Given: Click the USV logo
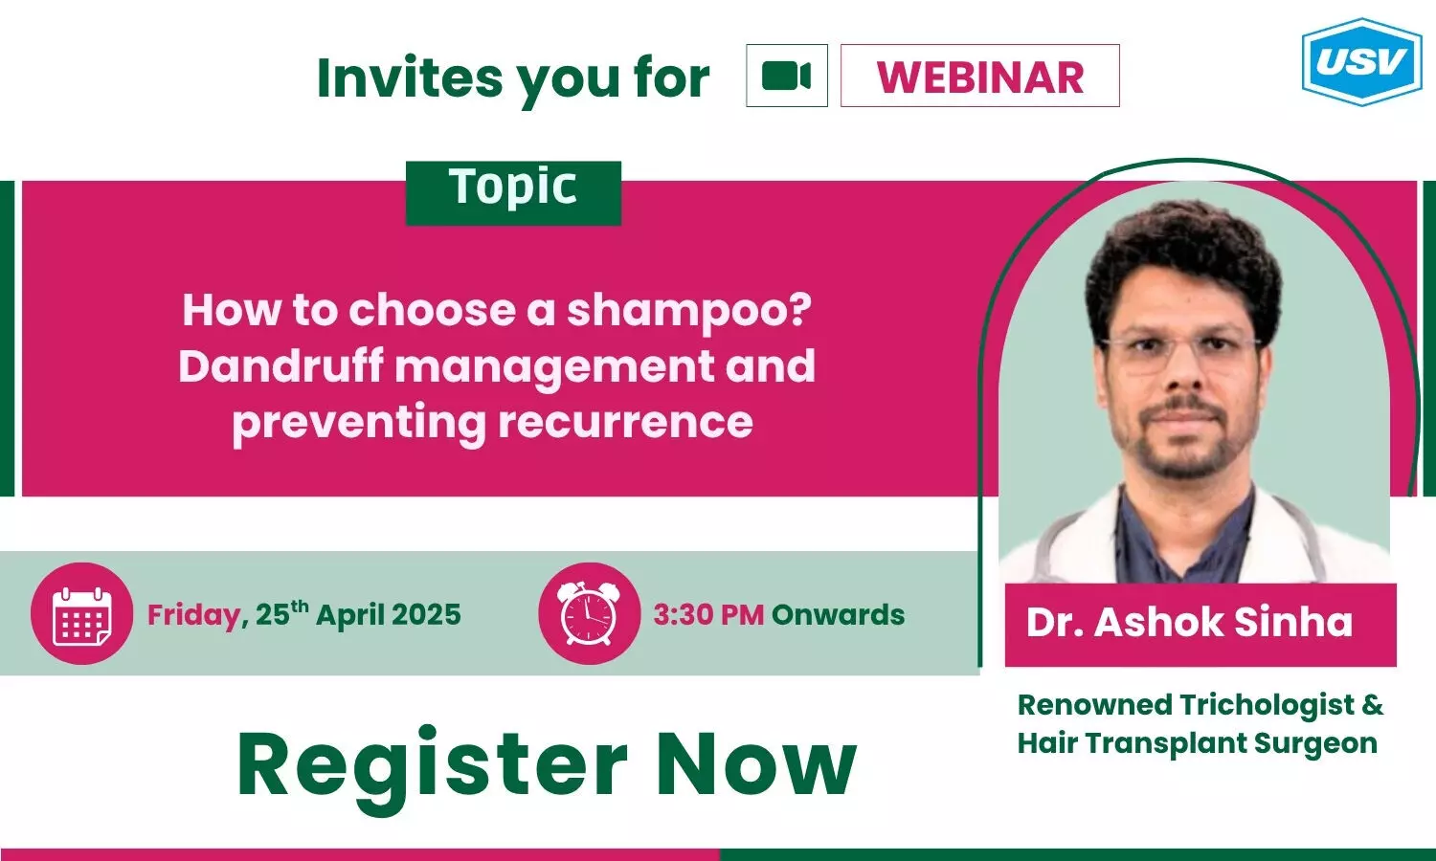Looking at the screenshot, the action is click(x=1361, y=61).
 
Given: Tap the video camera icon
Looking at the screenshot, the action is click(x=787, y=76).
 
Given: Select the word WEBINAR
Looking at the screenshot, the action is click(x=980, y=77).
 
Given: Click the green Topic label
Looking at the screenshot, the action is click(x=513, y=193).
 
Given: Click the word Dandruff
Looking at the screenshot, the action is click(x=280, y=365).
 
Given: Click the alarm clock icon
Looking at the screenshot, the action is click(x=589, y=613).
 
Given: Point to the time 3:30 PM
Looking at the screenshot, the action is click(x=708, y=614).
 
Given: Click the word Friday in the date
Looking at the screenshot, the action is click(x=194, y=616).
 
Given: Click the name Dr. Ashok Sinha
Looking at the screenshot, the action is click(x=1189, y=622).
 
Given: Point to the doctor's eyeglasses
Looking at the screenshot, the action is click(x=1180, y=352).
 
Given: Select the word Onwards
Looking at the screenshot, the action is click(x=838, y=614).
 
